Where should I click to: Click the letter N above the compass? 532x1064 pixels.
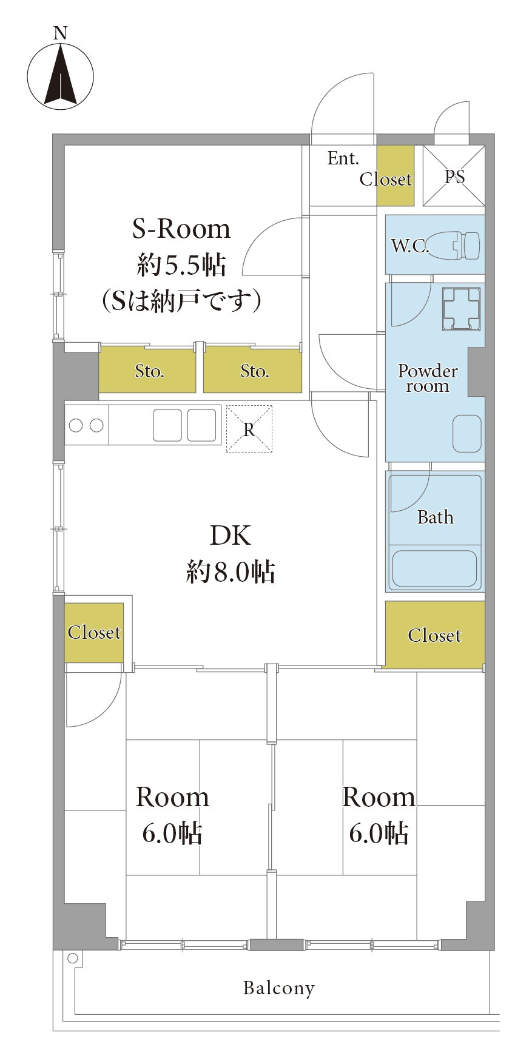coord(60,33)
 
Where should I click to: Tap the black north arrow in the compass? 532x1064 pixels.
coord(61,76)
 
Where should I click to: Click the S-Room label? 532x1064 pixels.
coord(181,229)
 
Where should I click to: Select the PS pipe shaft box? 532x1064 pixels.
coord(454,176)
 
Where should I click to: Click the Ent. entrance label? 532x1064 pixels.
coord(343,159)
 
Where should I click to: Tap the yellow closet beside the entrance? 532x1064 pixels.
coord(395,176)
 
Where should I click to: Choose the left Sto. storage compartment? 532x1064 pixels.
coord(149,371)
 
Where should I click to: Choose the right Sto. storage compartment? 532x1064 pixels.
coord(253,371)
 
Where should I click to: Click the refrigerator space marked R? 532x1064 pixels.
coord(249,429)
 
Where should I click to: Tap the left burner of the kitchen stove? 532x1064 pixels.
coord(76,425)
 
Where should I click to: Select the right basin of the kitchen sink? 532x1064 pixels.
coord(201,425)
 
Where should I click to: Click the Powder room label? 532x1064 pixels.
coord(428,378)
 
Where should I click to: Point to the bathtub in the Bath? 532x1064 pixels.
coord(434,568)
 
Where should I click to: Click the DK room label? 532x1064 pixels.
coord(230,535)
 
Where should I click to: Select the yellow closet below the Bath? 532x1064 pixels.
coord(434,635)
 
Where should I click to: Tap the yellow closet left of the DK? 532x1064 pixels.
coord(94,632)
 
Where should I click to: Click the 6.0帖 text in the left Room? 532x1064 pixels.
coord(172,833)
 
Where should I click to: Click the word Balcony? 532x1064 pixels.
coord(278,988)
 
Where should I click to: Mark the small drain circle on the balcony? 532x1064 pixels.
coord(73,958)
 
